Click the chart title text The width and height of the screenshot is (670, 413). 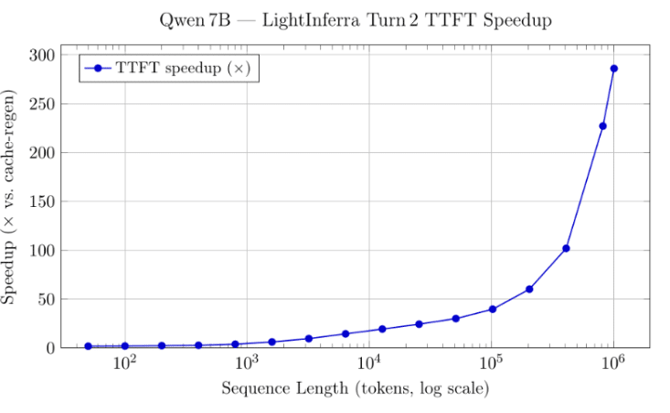point(355,19)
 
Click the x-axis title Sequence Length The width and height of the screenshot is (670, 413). point(355,389)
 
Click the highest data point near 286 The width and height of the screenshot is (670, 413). point(613,69)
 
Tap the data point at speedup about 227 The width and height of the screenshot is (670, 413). point(602,126)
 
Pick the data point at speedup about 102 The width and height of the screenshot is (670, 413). point(566,248)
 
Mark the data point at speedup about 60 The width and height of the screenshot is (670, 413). point(529,289)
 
